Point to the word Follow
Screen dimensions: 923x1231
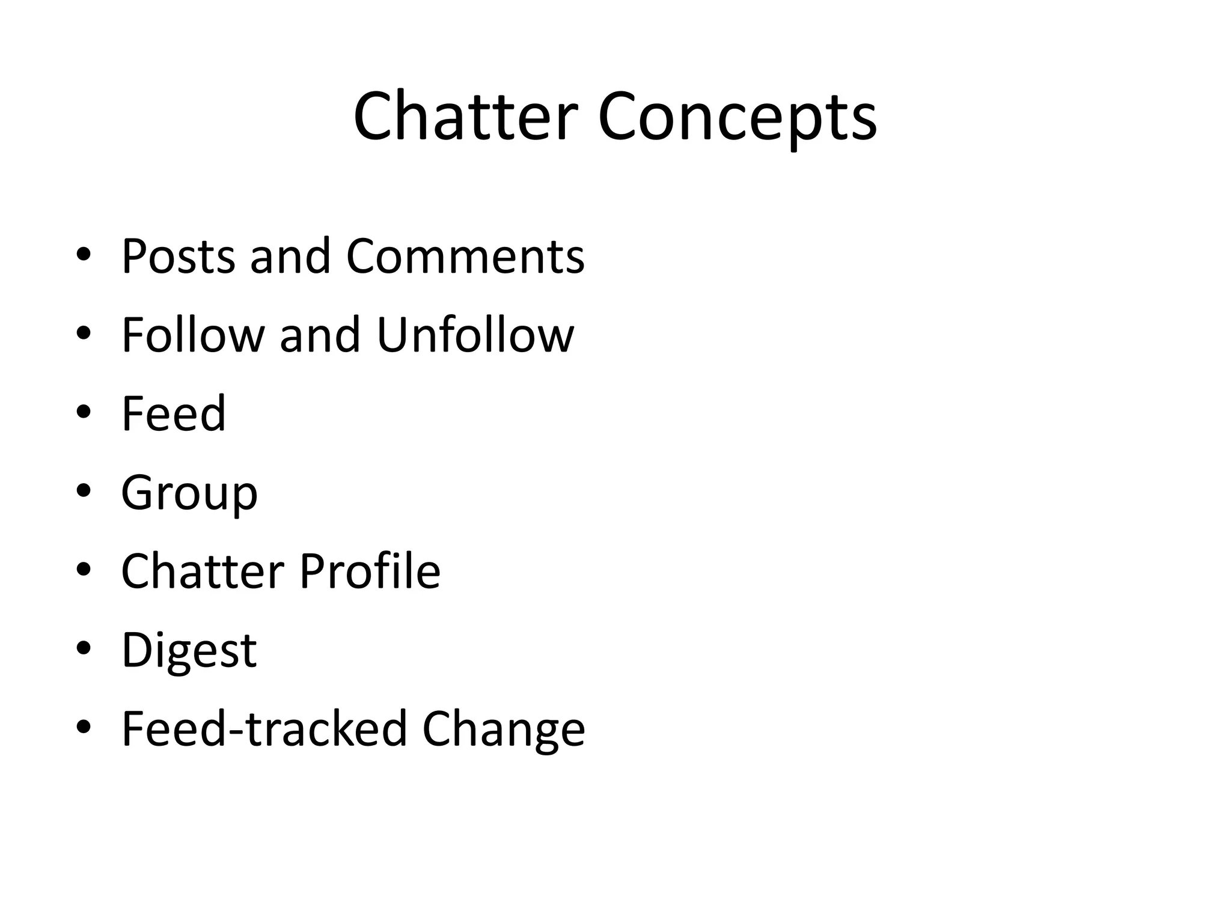193,335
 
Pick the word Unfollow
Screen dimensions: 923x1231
475,335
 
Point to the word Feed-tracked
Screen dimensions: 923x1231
264,728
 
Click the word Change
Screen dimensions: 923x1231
504,730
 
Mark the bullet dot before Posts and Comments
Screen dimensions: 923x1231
84,255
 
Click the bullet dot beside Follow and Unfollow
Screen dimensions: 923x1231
84,334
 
